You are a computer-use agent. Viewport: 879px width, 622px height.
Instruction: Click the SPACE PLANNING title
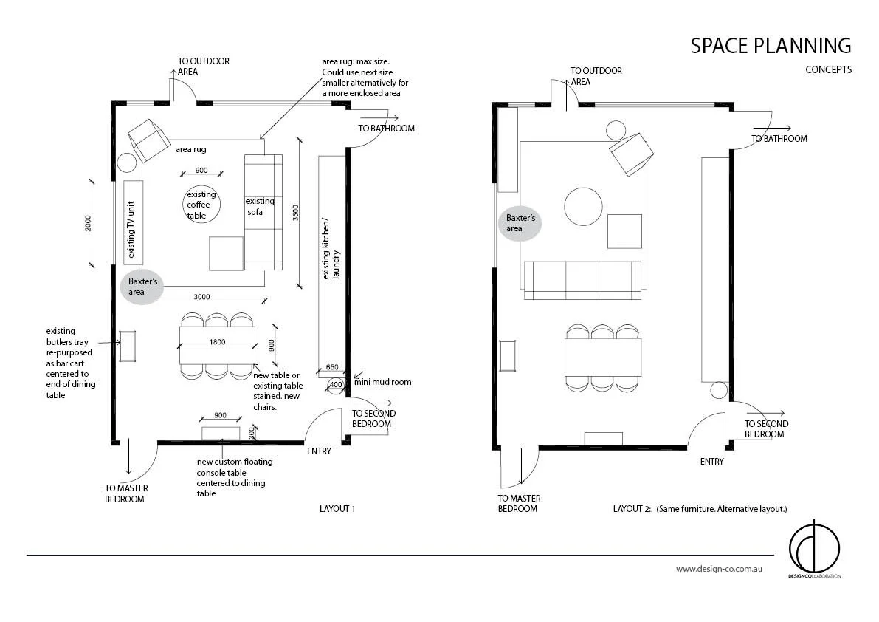tap(770, 46)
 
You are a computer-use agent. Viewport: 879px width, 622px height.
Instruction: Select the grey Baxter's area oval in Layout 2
tap(520, 224)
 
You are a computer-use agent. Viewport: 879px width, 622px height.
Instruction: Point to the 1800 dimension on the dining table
tap(217, 343)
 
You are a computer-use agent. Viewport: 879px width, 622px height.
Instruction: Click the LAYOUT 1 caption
tap(337, 509)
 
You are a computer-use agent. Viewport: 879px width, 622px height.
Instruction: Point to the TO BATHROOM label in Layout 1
tap(386, 128)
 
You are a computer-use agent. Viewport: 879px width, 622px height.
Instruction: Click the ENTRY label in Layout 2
tap(711, 462)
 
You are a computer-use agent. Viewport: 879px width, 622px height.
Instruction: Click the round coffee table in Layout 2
tap(583, 206)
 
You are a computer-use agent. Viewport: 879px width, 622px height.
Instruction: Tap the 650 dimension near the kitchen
tap(331, 367)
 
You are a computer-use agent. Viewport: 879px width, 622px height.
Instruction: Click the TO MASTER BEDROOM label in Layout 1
tap(125, 493)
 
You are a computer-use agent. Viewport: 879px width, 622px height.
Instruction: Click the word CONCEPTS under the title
tap(828, 70)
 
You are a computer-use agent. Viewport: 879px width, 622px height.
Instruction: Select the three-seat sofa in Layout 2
tap(582, 280)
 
